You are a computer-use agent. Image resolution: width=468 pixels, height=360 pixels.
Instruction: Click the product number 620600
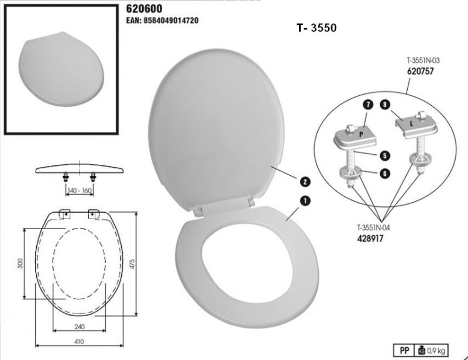(x=145, y=9)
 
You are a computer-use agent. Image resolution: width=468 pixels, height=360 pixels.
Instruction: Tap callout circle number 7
(x=368, y=105)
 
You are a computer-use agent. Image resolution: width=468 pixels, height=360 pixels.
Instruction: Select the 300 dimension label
(x=20, y=263)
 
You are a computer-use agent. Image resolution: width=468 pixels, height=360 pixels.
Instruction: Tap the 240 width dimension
(x=79, y=326)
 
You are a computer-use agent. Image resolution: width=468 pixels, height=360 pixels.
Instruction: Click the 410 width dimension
(x=79, y=341)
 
